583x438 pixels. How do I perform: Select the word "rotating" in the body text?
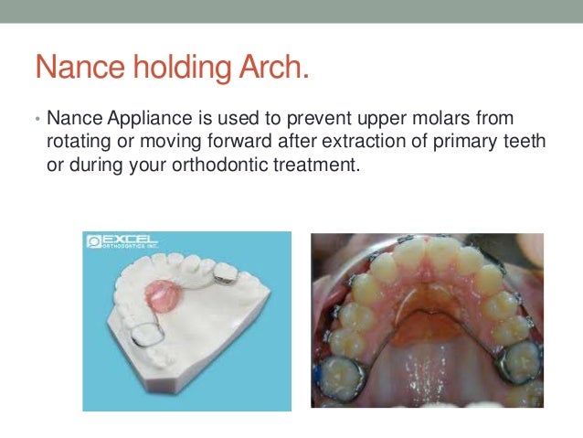pos(75,142)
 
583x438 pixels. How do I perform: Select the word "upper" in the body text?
pos(331,120)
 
